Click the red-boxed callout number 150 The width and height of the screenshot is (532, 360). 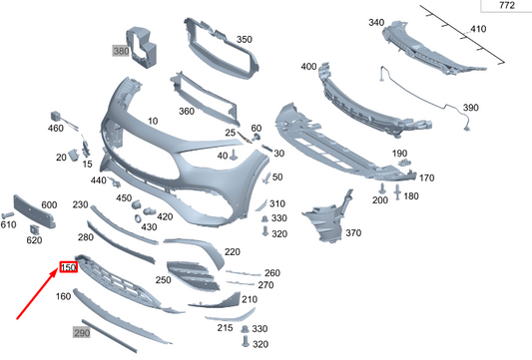(68, 267)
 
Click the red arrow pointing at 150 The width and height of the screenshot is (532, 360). (38, 295)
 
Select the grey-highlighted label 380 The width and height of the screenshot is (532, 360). (121, 51)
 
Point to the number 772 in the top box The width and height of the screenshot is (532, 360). (506, 6)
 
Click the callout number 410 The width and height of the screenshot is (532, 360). (478, 30)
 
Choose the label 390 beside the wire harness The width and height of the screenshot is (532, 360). (470, 108)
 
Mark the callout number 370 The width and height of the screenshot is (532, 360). (352, 233)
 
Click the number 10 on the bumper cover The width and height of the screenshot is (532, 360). (153, 122)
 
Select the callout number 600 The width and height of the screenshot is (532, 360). (48, 204)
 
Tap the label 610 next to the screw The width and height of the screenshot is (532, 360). (8, 226)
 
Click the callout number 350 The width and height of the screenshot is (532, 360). (244, 40)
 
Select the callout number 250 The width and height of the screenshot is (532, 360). (163, 281)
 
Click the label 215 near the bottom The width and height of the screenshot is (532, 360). (225, 328)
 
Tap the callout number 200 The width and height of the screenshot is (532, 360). (379, 200)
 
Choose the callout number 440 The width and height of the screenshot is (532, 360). (98, 180)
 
